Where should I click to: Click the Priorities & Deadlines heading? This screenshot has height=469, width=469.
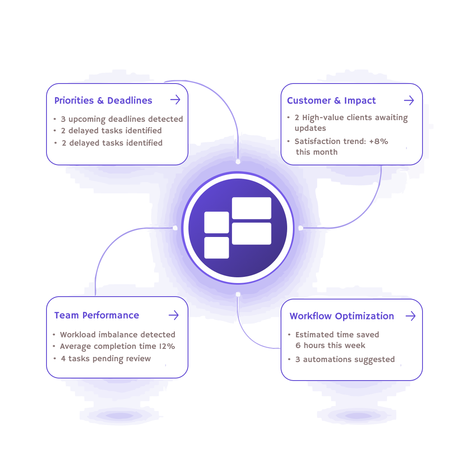click(x=103, y=100)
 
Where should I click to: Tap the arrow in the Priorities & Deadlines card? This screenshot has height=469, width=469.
click(x=176, y=100)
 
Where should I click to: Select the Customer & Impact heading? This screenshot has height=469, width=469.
click(x=331, y=100)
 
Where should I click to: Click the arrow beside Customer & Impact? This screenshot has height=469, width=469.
click(x=409, y=100)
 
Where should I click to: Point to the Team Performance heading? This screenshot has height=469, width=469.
click(x=97, y=315)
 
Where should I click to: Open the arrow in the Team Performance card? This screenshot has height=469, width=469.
click(x=174, y=315)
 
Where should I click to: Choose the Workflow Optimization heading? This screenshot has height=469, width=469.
click(x=341, y=316)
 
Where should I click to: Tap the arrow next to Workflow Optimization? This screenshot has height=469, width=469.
click(x=410, y=316)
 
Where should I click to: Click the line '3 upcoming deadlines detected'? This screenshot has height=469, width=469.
click(x=122, y=119)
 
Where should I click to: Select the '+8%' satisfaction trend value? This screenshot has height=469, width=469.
click(x=378, y=142)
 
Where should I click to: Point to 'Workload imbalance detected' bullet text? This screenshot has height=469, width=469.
click(x=118, y=334)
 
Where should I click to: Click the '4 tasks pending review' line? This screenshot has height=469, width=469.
click(x=106, y=359)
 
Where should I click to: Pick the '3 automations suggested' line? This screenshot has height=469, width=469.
click(x=345, y=360)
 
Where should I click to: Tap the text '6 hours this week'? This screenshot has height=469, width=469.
click(x=330, y=346)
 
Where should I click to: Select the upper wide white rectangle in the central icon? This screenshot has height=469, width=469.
click(x=251, y=208)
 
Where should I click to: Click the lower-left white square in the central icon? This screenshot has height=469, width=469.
click(x=216, y=248)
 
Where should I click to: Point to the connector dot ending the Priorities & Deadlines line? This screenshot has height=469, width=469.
click(x=238, y=162)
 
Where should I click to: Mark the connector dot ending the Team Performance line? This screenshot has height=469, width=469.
click(x=175, y=228)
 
